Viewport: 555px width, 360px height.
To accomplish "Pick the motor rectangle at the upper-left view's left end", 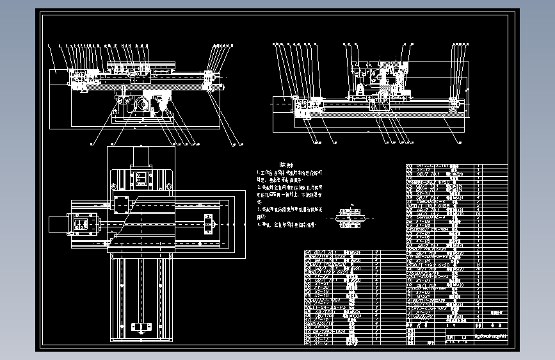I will (62, 79).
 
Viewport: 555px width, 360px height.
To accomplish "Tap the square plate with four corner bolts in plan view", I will (120, 206).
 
